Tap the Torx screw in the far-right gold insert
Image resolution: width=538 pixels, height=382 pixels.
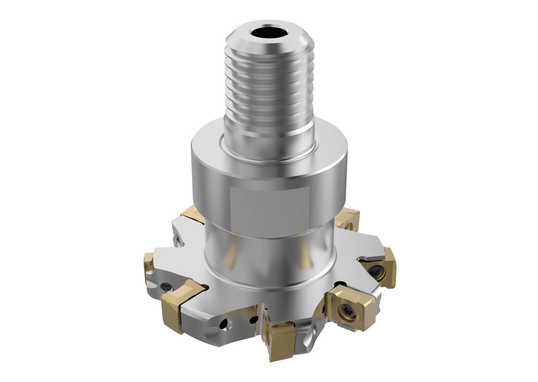tap(374, 270)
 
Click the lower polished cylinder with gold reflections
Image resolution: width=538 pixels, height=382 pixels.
tap(269, 259)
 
